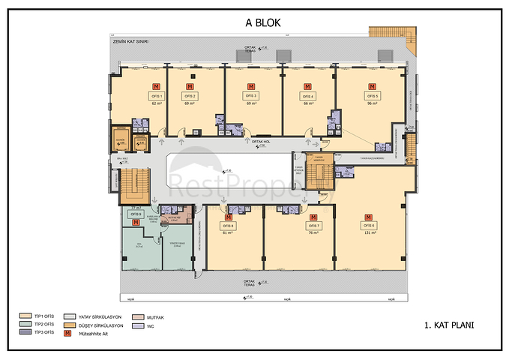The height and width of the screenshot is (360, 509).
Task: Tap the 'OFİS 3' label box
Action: point(251,96)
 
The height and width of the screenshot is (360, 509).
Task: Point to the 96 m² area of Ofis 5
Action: point(371,103)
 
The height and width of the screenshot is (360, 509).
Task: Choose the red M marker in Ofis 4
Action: point(308,86)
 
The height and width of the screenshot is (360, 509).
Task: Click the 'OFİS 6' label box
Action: point(368,225)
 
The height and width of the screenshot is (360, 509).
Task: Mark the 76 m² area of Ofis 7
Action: point(313,232)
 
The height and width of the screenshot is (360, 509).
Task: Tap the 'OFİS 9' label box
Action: point(136,214)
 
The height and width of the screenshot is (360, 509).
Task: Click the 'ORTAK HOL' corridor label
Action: point(261,142)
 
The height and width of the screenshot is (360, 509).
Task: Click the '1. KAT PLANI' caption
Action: point(449,325)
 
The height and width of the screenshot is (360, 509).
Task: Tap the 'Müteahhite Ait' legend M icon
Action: point(67,332)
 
